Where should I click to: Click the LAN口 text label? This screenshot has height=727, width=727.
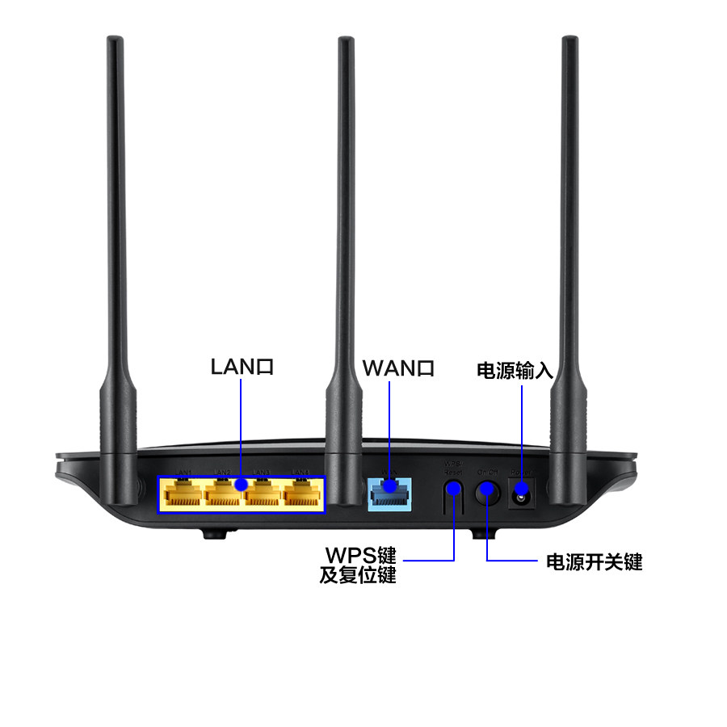(242, 367)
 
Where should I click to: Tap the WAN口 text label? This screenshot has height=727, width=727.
(398, 368)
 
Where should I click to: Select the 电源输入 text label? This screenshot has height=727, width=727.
(515, 371)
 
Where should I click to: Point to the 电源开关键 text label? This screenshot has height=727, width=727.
(595, 561)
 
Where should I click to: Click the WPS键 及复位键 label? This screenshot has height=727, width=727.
(360, 565)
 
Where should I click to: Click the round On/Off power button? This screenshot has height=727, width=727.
(487, 490)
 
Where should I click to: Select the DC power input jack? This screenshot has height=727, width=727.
(521, 492)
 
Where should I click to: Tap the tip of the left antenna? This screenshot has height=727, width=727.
(116, 40)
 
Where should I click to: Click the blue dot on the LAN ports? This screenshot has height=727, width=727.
(241, 485)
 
